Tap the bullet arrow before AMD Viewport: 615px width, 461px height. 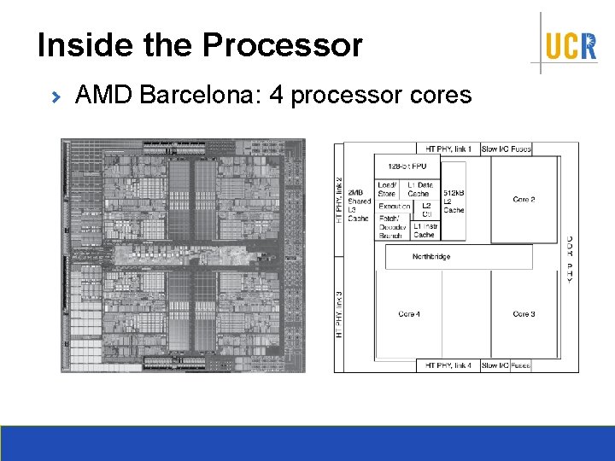click(x=57, y=97)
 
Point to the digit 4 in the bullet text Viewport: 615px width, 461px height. click(x=276, y=95)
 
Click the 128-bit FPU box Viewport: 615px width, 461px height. click(x=407, y=166)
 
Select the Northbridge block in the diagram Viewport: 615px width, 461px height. click(x=431, y=257)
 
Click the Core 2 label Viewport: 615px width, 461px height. click(x=524, y=200)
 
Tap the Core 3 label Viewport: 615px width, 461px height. click(x=524, y=314)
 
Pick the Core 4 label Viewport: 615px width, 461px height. click(x=409, y=314)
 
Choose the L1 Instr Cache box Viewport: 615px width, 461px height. click(x=424, y=230)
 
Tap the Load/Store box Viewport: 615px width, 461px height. click(x=387, y=190)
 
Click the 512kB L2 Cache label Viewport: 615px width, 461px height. click(x=454, y=201)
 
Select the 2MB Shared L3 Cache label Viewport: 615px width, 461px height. click(x=359, y=206)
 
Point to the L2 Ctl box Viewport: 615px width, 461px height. click(x=426, y=210)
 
